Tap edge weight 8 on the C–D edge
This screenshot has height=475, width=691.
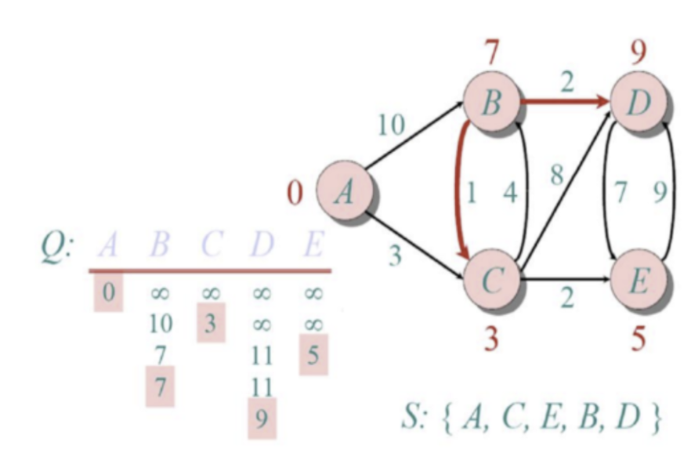point(556,173)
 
